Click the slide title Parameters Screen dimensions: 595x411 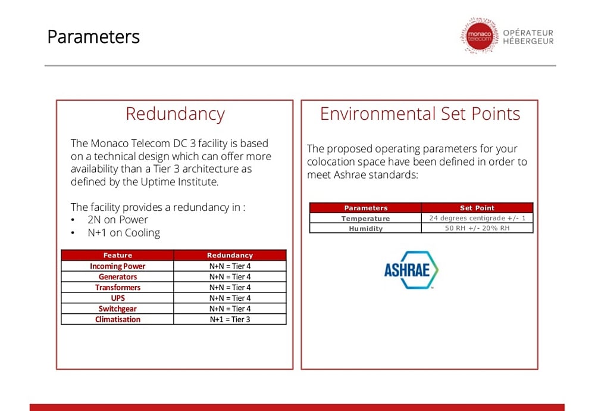tap(93, 37)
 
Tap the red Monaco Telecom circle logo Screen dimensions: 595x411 tap(479, 36)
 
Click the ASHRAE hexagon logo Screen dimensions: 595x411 tap(411, 270)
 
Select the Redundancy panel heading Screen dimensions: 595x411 tap(175, 114)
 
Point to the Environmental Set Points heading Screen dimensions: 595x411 tap(419, 114)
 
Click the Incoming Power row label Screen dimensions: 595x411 tap(118, 266)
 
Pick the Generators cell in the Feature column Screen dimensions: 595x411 tap(118, 277)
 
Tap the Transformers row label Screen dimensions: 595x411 tap(118, 288)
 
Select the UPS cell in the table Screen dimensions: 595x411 tap(118, 298)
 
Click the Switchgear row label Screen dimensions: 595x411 tap(118, 309)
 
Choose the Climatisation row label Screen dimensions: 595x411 tap(118, 319)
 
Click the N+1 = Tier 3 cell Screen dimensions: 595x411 tap(230, 319)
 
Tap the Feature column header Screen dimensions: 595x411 tap(118, 256)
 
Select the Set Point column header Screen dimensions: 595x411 tap(477, 208)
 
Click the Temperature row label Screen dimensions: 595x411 tap(365, 219)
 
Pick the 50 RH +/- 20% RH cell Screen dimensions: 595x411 tap(477, 228)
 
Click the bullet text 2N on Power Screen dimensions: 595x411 tap(118, 220)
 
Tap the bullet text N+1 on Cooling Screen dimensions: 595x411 tap(124, 232)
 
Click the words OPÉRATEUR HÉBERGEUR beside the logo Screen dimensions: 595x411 tap(528, 37)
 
